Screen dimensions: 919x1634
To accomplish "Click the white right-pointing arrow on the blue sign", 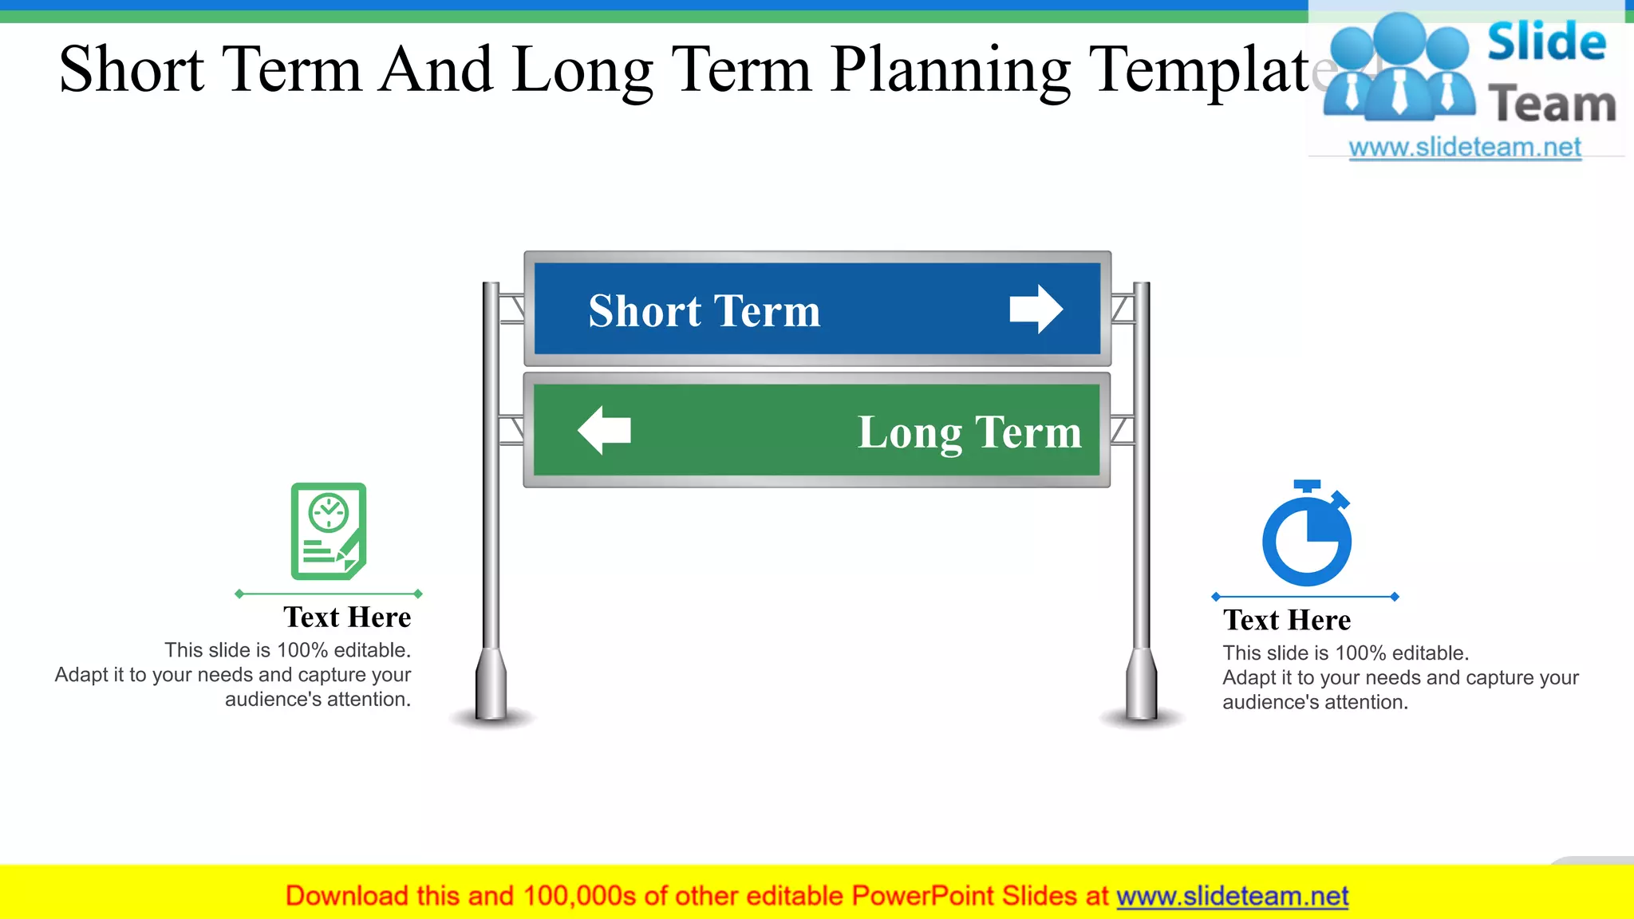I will tap(1036, 309).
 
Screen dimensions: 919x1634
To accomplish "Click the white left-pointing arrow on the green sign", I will tap(604, 430).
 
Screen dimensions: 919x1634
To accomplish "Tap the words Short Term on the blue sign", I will tap(704, 310).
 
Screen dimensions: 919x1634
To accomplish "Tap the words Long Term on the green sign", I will tap(969, 432).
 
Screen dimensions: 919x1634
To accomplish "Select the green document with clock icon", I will tap(328, 530).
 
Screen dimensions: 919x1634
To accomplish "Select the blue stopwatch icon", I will tap(1306, 534).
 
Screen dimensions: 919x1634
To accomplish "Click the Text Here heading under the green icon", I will tap(347, 617).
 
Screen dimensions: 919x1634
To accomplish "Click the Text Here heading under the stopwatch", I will tap(1286, 620).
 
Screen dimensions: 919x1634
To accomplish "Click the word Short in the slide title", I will tap(132, 70).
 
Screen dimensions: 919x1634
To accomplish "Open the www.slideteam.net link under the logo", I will tap(1464, 148).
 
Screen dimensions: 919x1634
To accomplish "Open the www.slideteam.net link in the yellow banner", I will tap(1232, 896).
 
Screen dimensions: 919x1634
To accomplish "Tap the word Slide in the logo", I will tap(1546, 41).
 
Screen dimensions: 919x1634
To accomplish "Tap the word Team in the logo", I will tap(1552, 105).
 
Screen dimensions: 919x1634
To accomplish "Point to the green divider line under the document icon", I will tap(328, 594).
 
